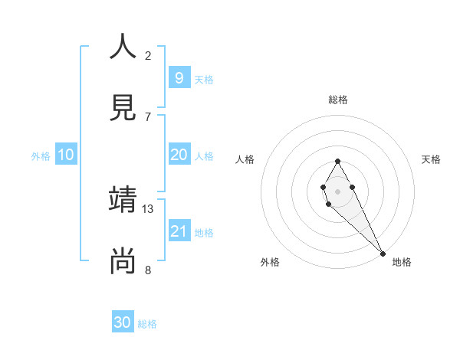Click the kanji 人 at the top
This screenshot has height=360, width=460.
click(123, 47)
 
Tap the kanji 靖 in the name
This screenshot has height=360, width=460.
click(123, 200)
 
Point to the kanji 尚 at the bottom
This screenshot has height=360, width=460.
click(123, 261)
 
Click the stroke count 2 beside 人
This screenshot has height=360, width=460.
click(148, 56)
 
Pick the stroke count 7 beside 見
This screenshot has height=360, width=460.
click(148, 116)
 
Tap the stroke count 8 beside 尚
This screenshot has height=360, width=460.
click(148, 270)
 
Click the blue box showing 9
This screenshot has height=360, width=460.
click(179, 77)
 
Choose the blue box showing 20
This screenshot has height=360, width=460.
click(179, 155)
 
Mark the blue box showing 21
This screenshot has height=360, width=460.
click(179, 231)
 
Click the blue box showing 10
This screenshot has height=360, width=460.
click(65, 155)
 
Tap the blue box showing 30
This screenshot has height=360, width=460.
click(123, 322)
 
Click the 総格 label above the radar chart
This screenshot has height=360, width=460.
click(338, 100)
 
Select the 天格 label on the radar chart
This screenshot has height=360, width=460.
click(432, 159)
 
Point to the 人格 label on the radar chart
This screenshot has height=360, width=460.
click(245, 159)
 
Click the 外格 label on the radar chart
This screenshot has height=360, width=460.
click(270, 262)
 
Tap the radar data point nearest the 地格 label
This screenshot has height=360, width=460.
click(383, 253)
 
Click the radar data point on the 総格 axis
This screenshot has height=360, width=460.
click(337, 161)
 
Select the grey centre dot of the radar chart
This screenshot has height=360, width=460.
click(337, 190)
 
